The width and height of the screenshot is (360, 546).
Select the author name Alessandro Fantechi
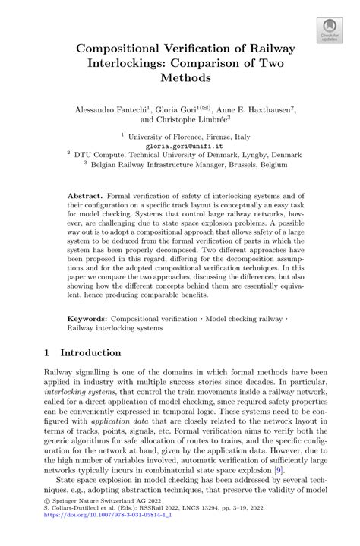pyautogui.click(x=112, y=109)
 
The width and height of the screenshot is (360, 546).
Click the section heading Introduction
pyautogui.click(x=90, y=353)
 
